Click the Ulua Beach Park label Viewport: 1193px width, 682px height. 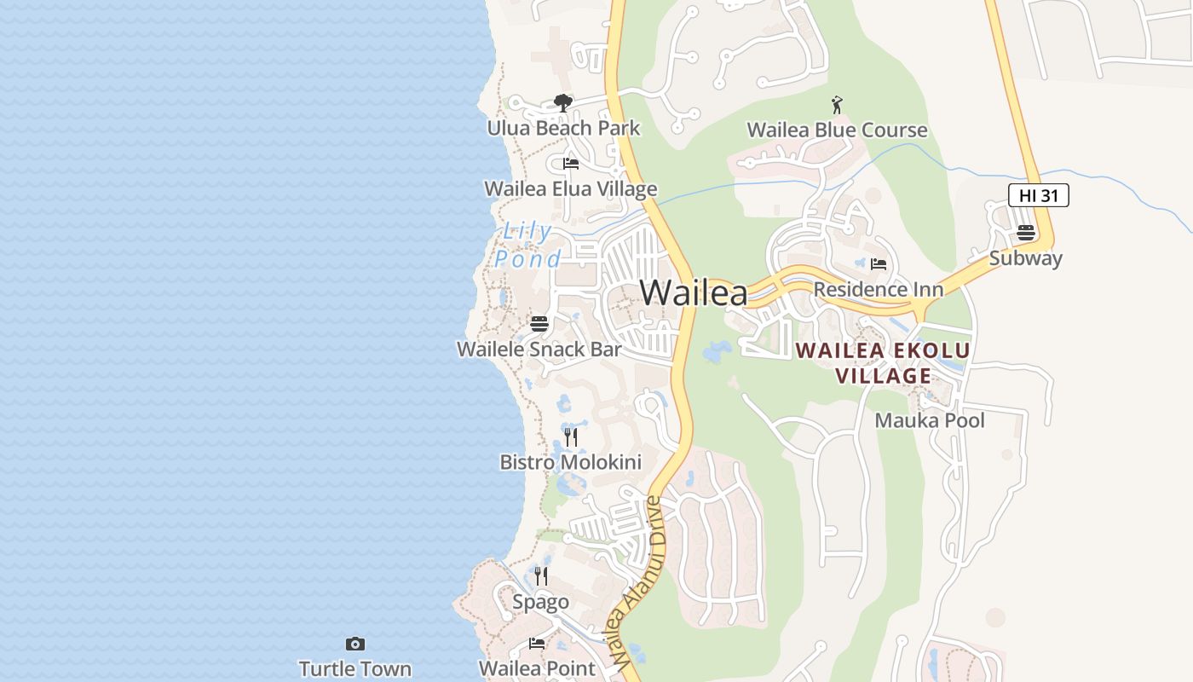[x=563, y=129]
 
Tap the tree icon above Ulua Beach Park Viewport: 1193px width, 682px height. [x=562, y=103]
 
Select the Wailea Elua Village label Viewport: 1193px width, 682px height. [x=570, y=189]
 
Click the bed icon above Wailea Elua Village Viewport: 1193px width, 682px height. [x=571, y=163]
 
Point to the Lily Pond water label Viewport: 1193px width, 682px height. [x=528, y=245]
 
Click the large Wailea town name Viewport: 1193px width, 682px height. [x=694, y=292]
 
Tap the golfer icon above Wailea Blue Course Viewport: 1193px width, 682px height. [x=837, y=105]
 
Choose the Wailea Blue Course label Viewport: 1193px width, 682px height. [x=837, y=130]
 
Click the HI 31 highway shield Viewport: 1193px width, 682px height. [x=1038, y=195]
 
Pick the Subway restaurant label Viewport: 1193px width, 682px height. [x=1025, y=258]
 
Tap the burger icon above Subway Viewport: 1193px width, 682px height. [x=1025, y=233]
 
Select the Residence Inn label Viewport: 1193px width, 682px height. [x=878, y=290]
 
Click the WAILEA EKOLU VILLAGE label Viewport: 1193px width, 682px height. [x=883, y=363]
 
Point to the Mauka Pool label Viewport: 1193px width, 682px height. [x=929, y=420]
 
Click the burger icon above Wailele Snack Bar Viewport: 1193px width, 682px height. [x=539, y=324]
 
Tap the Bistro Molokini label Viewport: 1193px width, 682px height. [x=570, y=463]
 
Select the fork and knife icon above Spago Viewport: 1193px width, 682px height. [x=541, y=576]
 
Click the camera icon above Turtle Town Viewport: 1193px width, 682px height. [x=355, y=644]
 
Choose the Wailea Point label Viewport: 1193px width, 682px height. [x=537, y=668]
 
